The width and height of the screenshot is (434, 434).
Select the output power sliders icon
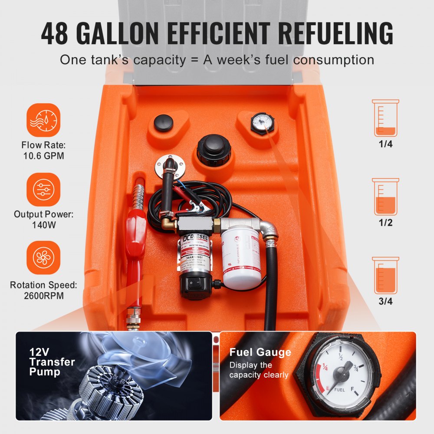pos(43,190)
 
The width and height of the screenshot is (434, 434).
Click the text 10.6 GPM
pos(43,155)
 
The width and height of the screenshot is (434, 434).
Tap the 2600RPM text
pos(43,296)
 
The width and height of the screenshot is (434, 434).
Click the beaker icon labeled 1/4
pos(385,118)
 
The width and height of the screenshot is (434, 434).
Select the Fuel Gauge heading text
pos(260,352)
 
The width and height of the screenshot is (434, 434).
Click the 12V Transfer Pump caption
pos(52,362)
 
